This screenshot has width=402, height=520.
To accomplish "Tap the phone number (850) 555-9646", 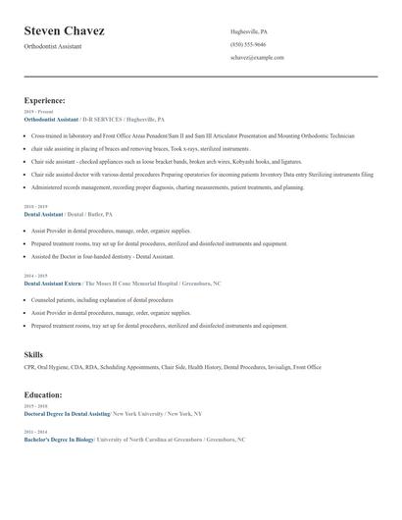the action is tap(248, 45).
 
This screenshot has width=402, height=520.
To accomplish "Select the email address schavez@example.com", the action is tap(257, 58).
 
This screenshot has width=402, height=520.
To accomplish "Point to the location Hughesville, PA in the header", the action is tap(248, 32).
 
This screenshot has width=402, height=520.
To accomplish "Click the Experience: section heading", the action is tap(45, 100).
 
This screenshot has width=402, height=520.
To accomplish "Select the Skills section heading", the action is tap(33, 354).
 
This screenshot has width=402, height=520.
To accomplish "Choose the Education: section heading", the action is tap(43, 394).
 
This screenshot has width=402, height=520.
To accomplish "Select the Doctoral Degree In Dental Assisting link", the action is tap(67, 413).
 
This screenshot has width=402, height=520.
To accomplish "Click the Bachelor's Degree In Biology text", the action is tap(59, 440).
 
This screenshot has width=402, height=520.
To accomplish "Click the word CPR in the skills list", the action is tap(29, 367).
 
